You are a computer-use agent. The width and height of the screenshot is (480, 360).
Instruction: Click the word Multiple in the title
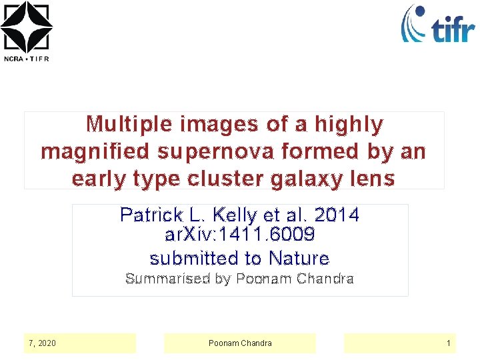coord(127,124)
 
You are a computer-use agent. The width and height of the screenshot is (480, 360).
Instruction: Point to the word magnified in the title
coord(95,152)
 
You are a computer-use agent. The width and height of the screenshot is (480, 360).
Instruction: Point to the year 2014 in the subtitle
coord(336,215)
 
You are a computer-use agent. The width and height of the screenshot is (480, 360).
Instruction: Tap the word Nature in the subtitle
coord(299,258)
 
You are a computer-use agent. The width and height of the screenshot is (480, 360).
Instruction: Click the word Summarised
coord(167,279)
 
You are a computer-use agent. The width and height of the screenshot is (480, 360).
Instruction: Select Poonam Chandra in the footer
coord(240,343)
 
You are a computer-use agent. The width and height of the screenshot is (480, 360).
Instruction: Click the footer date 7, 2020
coord(42,343)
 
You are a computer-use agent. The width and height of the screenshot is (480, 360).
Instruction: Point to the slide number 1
coord(449,343)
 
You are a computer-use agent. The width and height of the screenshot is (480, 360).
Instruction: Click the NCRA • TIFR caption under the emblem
coord(26,58)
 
